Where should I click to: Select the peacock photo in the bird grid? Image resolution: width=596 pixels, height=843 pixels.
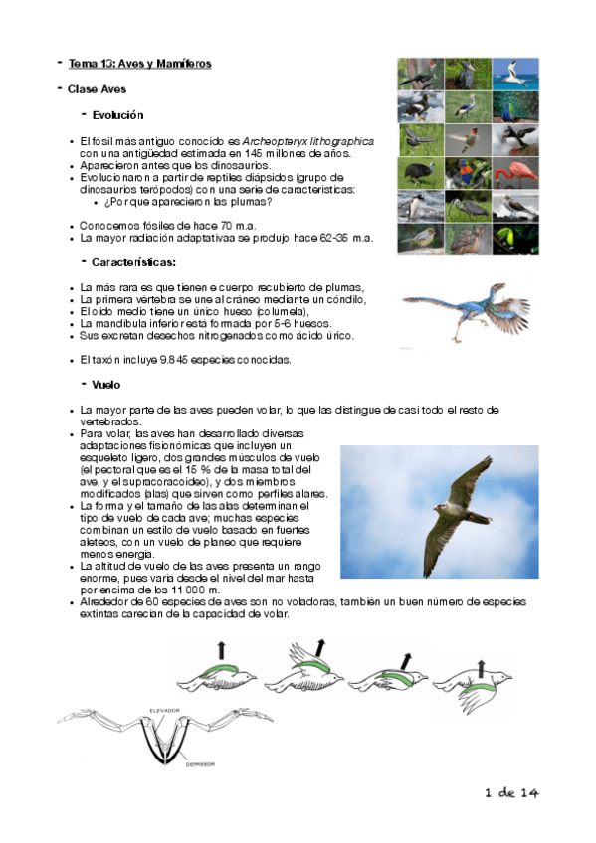pyautogui.click(x=514, y=106)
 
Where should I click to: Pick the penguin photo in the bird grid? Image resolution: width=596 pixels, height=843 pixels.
pyautogui.click(x=416, y=206)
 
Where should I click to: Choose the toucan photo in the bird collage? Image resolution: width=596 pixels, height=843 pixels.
pyautogui.click(x=514, y=237)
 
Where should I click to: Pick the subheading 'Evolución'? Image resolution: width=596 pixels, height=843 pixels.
pyautogui.click(x=117, y=115)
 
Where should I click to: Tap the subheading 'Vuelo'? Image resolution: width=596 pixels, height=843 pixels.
pyautogui.click(x=105, y=384)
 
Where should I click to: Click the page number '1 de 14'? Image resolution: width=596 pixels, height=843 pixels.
pyautogui.click(x=510, y=792)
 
